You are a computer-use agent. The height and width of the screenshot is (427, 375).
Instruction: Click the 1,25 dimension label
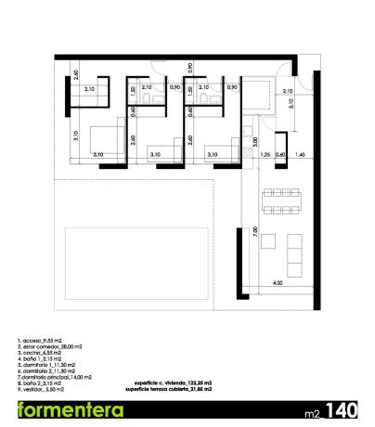265,154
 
